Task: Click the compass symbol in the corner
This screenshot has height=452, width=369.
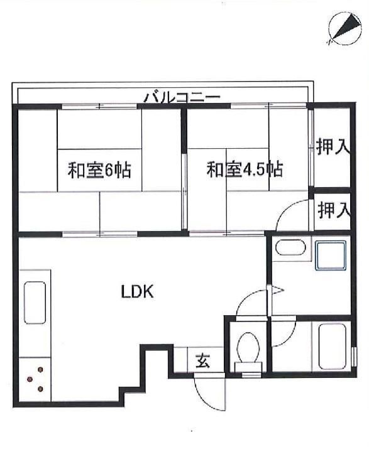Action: tap(342, 29)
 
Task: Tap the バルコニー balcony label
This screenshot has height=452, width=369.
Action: tap(182, 97)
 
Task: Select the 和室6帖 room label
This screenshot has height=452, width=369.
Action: tap(99, 169)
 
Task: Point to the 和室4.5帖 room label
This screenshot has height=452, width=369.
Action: tap(245, 169)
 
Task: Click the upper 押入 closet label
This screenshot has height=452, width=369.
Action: tap(332, 148)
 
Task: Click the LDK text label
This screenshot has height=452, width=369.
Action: tap(138, 291)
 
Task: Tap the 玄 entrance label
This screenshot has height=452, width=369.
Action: tap(203, 362)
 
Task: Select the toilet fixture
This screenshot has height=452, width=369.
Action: tap(248, 349)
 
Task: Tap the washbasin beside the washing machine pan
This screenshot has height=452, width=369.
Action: tap(290, 248)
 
